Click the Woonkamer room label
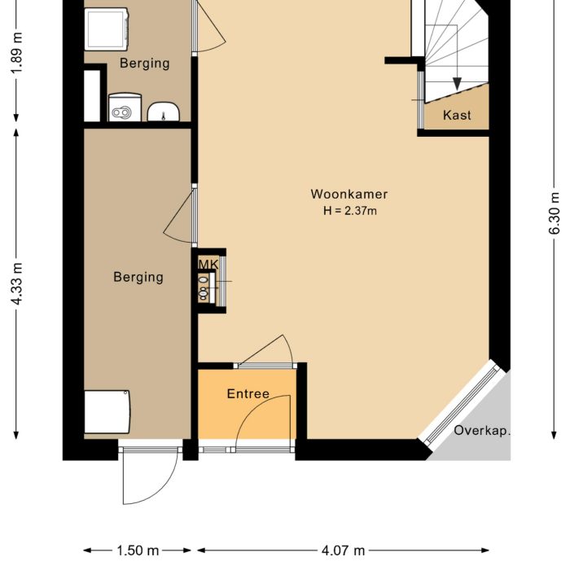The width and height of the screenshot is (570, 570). tap(349, 194)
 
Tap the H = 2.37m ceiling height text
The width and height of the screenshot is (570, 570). tap(349, 211)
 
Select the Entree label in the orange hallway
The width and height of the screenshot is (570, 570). tap(248, 394)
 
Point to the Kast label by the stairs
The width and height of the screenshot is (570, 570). tap(457, 116)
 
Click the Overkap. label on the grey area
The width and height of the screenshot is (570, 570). tap(482, 431)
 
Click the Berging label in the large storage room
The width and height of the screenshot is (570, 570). tap(138, 277)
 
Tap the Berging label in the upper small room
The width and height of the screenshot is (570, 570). tap(144, 63)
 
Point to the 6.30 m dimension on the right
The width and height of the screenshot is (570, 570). tap(555, 213)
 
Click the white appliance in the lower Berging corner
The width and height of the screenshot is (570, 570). tap(107, 412)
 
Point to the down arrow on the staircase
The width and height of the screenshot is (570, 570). tap(457, 81)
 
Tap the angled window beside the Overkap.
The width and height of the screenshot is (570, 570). tap(462, 404)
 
